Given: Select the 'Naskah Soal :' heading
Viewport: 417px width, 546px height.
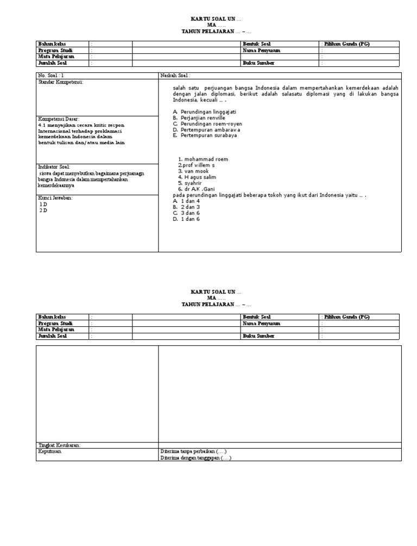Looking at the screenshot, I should pos(175,75).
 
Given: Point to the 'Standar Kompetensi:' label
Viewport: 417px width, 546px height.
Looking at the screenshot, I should pos(61,82).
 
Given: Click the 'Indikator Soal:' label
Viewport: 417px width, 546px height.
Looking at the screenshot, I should pos(54,167).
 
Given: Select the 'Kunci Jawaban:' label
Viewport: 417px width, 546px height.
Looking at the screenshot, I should pos(55,198).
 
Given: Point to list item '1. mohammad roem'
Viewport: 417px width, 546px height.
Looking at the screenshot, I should pos(203,159).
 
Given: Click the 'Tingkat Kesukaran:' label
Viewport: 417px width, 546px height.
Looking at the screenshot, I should pos(59,445).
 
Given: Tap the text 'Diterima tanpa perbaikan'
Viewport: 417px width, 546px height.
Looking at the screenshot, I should pos(187,452).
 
